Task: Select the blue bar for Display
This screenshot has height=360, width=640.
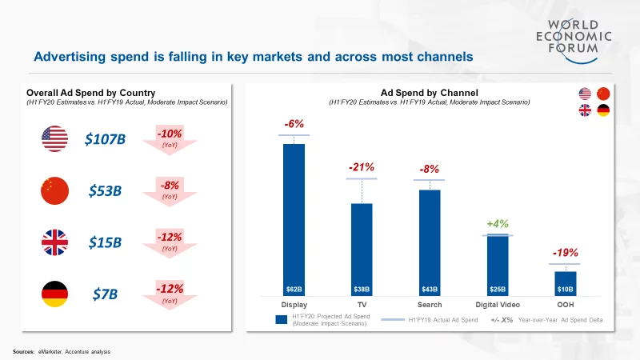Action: point(294,216)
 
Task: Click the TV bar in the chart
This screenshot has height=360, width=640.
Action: point(362,248)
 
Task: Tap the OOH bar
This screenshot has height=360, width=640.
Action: point(565,284)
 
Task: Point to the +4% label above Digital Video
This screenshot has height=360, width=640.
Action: point(498,223)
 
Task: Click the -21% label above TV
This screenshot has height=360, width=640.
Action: point(362,167)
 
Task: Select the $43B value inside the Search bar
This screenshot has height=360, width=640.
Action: point(430,288)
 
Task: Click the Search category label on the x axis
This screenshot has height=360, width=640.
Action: point(430,305)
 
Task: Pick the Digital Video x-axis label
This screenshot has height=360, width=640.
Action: point(498,305)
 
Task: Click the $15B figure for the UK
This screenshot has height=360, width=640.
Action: point(105,242)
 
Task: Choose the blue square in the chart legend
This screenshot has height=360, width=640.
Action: point(281,319)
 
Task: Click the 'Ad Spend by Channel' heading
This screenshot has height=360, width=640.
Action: point(429,93)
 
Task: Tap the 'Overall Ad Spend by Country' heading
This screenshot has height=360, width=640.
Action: point(90,93)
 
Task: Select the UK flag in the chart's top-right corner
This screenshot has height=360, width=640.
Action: point(584,110)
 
